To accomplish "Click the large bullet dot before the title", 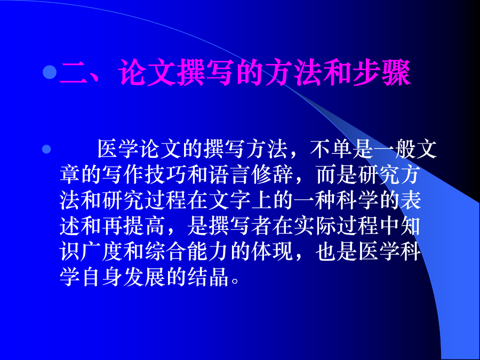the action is pyautogui.click(x=50, y=72).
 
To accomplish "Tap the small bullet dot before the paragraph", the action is pyautogui.click(x=46, y=149).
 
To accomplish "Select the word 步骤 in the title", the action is pyautogui.click(x=381, y=73).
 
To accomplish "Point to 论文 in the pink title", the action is pyautogui.click(x=148, y=73).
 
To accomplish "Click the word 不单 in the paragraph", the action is pyautogui.click(x=330, y=149).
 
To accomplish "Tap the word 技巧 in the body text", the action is pyautogui.click(x=166, y=175).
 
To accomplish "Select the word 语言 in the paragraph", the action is pyautogui.click(x=229, y=175).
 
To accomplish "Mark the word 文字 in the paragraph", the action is pyautogui.click(x=229, y=201).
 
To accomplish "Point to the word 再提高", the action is pyautogui.click(x=134, y=226).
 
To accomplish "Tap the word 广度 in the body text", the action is pyautogui.click(x=102, y=252).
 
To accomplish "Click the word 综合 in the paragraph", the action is pyautogui.click(x=166, y=252).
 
